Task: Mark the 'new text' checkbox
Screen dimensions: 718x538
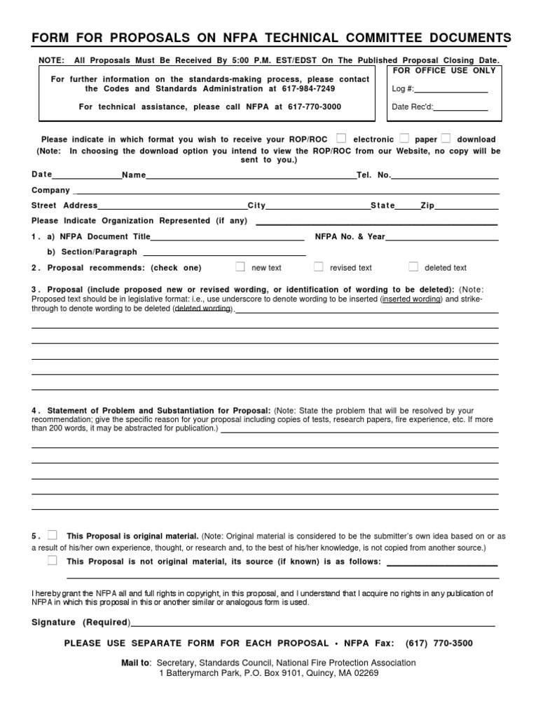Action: (x=240, y=266)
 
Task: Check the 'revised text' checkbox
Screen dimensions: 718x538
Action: (x=318, y=266)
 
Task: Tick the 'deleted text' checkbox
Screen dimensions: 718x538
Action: (x=413, y=266)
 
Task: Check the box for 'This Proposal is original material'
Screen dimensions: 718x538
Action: (x=53, y=535)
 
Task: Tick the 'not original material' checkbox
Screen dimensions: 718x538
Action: (x=53, y=560)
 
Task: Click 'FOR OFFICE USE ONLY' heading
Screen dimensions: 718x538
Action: (x=444, y=72)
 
